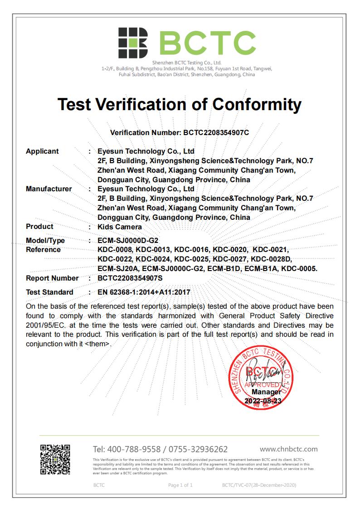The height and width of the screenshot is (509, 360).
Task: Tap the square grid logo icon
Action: tap(133, 43)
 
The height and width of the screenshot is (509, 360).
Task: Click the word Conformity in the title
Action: tap(257, 105)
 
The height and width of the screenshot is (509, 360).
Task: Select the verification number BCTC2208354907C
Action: tap(216, 133)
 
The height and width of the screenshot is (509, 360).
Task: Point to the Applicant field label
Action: tap(42, 151)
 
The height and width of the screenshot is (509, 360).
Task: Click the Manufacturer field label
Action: tap(49, 189)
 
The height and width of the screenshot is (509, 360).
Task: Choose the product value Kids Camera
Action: tap(120, 227)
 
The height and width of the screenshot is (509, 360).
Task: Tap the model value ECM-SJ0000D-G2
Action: tap(128, 241)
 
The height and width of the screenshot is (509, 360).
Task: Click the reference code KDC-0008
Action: tap(115, 250)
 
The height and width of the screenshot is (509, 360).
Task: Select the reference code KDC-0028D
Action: tap(271, 259)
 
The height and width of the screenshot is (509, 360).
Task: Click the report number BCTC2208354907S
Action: tap(130, 278)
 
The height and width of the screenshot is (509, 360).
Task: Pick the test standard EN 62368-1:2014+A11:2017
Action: tap(144, 292)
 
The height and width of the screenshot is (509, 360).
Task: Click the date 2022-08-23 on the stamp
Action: tap(263, 401)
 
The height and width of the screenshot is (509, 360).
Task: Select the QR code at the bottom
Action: tap(55, 459)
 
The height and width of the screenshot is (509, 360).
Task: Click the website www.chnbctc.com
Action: tap(288, 449)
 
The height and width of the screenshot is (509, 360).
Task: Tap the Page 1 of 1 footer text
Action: tap(180, 485)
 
